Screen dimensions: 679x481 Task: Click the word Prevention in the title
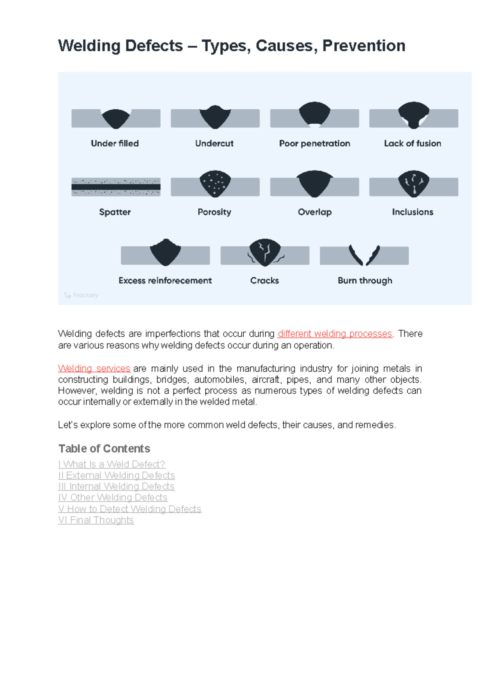[x=364, y=46]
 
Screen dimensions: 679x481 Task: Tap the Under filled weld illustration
[x=116, y=119]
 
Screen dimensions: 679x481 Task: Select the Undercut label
[x=214, y=143]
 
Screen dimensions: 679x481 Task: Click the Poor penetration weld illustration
[x=315, y=114]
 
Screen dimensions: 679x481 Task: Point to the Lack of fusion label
[x=412, y=143]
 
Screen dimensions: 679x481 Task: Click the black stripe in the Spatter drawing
[x=116, y=187]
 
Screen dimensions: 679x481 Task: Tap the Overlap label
[x=315, y=212]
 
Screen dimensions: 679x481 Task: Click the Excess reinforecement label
[x=165, y=281]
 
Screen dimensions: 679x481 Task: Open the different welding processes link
[x=335, y=334]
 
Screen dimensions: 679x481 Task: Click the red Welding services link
[x=94, y=368]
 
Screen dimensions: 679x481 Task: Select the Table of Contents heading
[x=104, y=448]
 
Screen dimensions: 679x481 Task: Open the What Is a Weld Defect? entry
[x=112, y=464]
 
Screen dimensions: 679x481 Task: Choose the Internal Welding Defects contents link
[x=116, y=486]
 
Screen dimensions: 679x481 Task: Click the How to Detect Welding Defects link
[x=129, y=509]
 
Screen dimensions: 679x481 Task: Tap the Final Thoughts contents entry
[x=96, y=520]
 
